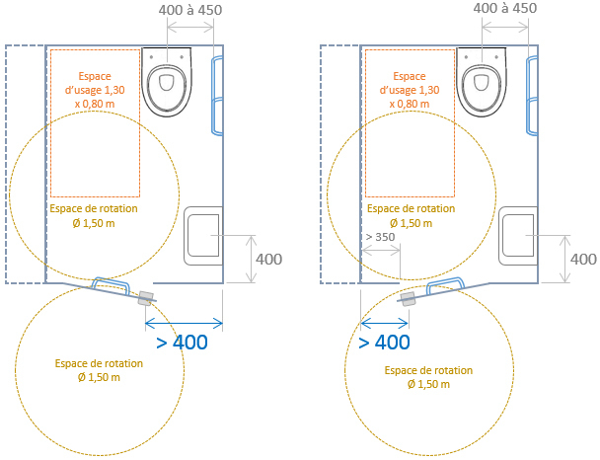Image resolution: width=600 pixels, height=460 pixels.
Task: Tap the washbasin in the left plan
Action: (204, 238)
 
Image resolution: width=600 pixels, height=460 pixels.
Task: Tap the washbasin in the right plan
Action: (519, 238)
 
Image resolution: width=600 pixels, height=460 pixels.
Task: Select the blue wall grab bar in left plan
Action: (217, 95)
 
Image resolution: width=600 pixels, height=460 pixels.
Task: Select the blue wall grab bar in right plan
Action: (533, 95)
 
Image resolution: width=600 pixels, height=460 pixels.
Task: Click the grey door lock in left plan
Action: (146, 298)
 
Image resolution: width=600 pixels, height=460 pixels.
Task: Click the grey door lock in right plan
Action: (408, 299)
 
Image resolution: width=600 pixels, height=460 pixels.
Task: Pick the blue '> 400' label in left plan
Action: (182, 344)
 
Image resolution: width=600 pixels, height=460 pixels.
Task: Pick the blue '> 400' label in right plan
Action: (384, 343)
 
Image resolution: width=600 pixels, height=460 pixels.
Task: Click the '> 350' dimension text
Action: (379, 238)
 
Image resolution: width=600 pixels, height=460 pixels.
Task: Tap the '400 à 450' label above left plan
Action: (189, 9)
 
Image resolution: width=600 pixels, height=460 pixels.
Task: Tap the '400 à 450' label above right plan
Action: (505, 9)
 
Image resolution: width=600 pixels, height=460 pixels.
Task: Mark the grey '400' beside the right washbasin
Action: (583, 259)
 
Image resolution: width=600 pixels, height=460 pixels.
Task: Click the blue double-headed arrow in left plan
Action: (184, 321)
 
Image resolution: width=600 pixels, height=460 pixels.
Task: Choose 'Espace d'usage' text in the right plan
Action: (410, 89)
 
